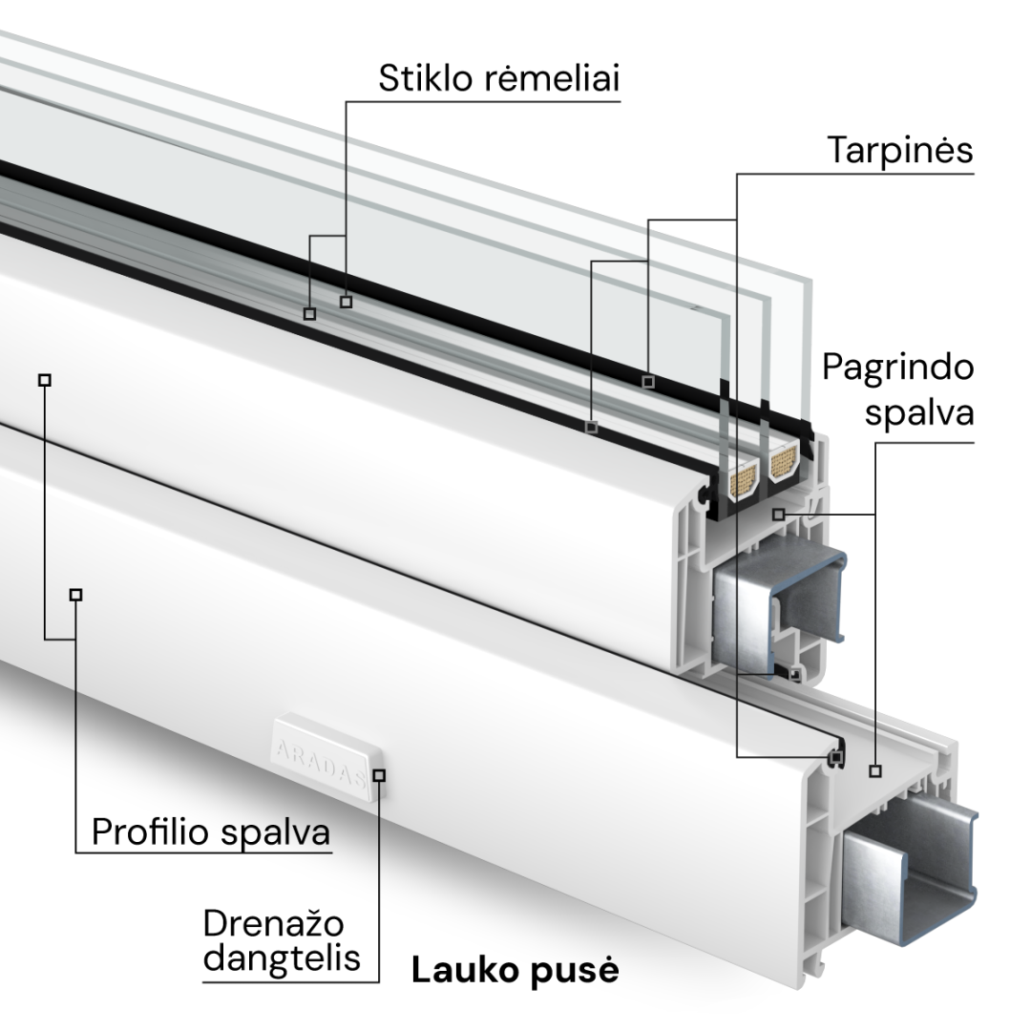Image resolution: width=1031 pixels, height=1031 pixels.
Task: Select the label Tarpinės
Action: click(x=899, y=151)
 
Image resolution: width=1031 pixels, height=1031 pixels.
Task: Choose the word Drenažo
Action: click(x=274, y=924)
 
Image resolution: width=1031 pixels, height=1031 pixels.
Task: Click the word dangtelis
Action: click(x=283, y=958)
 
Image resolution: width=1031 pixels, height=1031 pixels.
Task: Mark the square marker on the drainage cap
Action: click(x=379, y=775)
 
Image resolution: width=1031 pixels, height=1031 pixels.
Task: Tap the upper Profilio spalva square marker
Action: click(x=44, y=380)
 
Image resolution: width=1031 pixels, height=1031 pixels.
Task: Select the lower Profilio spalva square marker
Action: click(x=76, y=595)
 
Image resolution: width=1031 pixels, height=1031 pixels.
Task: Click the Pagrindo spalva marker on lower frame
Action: click(x=875, y=770)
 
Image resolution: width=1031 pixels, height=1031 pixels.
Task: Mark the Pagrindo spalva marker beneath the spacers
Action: click(x=778, y=515)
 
